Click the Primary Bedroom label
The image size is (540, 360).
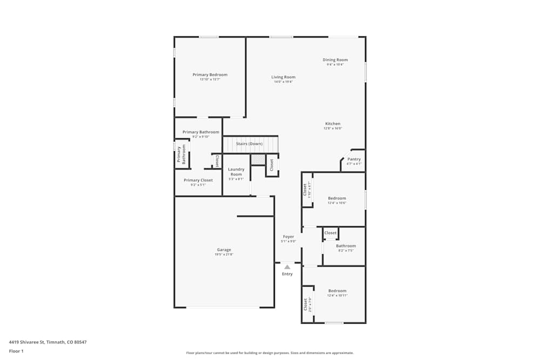pos(210,75)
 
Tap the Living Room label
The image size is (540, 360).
pos(283,77)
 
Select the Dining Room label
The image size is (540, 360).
pos(335,60)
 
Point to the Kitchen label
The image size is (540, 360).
pos(333,124)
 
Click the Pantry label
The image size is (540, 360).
pos(354,159)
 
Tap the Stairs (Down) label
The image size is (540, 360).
pos(249,144)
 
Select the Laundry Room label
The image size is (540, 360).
pos(236,172)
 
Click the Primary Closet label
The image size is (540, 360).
pos(198,180)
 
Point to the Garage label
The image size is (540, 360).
pos(224,250)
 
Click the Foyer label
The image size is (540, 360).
pos(288,237)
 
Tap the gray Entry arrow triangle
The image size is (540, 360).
pos(287,267)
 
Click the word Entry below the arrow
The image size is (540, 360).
pos(287,274)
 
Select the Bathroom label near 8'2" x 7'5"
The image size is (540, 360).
pos(346,246)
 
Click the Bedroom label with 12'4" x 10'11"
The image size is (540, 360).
pos(337,291)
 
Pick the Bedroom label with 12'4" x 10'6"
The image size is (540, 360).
pos(337,199)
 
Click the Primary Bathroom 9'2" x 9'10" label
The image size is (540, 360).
pos(201,132)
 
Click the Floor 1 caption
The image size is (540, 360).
pos(16,351)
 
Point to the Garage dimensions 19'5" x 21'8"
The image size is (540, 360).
pos(224,254)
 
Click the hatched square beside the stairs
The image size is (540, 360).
pos(258,160)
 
